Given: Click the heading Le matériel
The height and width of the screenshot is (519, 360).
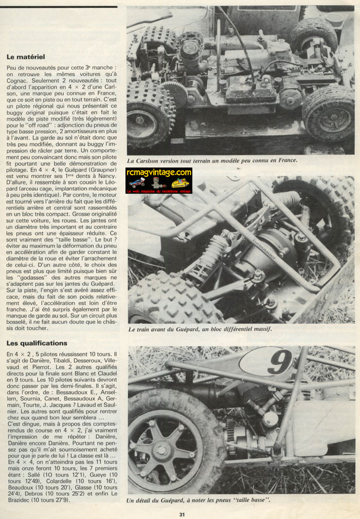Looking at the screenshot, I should point(26,57).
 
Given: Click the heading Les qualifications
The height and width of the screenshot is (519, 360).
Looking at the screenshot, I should point(37,343).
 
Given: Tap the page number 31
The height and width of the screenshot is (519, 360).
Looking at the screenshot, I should point(182,514).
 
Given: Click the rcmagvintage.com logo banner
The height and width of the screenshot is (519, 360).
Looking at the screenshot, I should point(158,181).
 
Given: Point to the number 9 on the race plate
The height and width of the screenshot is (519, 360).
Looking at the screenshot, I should point(280,363).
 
